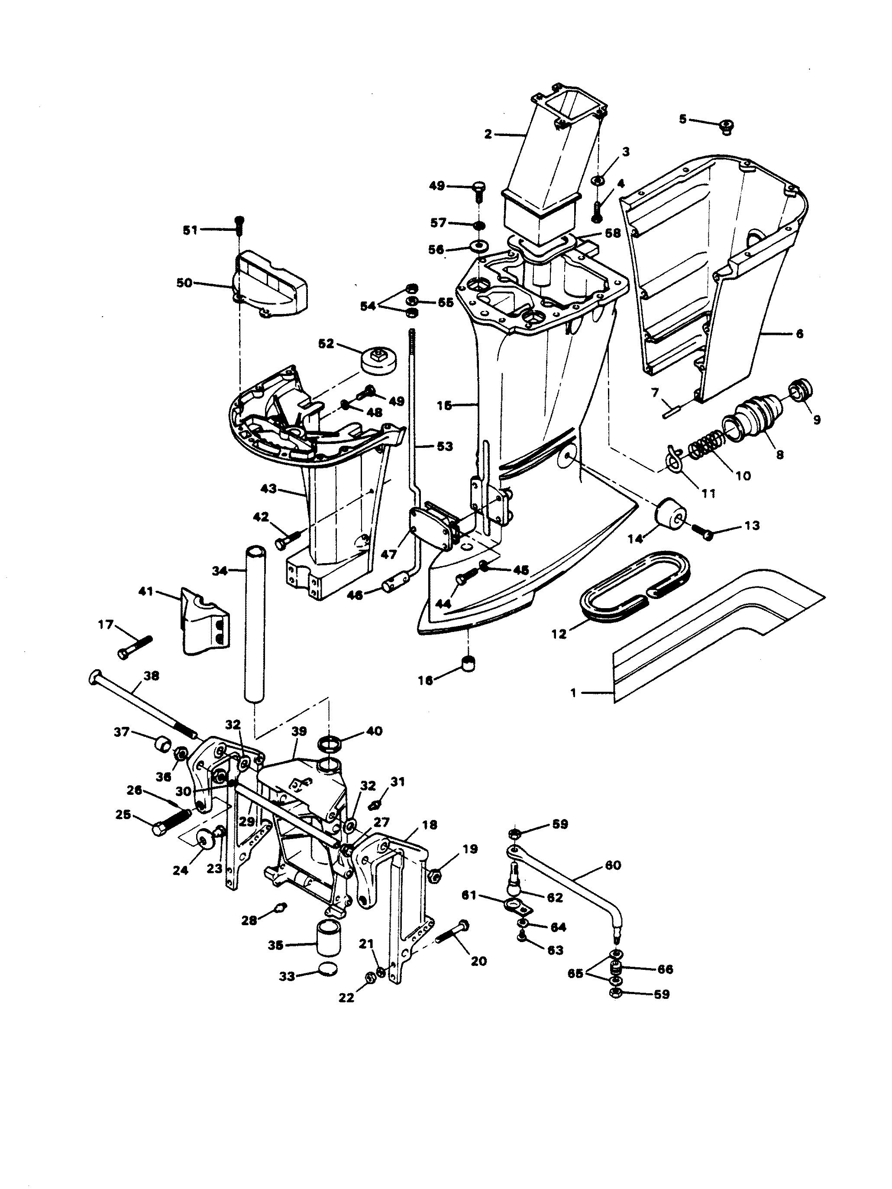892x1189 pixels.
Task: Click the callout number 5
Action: tap(682, 119)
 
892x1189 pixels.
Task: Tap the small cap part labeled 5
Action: tap(727, 127)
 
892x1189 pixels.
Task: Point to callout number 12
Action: tap(559, 634)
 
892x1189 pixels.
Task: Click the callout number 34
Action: tap(220, 571)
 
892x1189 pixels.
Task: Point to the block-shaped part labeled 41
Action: tap(204, 620)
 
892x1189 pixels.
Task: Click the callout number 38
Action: tap(152, 676)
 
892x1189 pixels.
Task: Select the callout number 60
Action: tap(613, 865)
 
